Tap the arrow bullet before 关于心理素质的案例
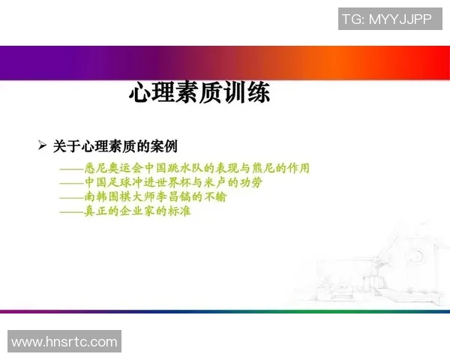pos(43,145)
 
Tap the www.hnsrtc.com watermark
pos(64,342)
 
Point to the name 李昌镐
pos(181,197)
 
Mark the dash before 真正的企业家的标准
pos(71,212)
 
